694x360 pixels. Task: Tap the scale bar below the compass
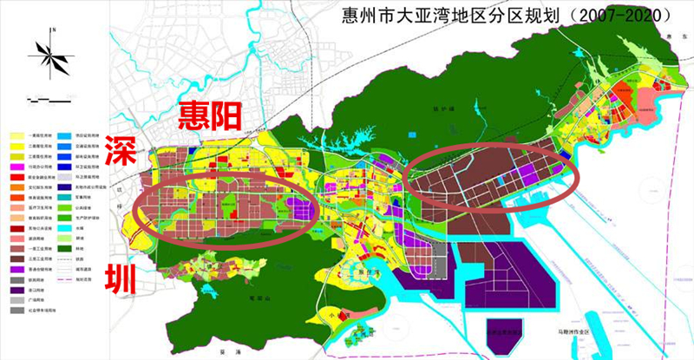pos(48,97)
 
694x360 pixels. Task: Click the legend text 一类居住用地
pos(40,136)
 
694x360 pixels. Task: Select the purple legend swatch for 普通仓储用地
pos(16,271)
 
